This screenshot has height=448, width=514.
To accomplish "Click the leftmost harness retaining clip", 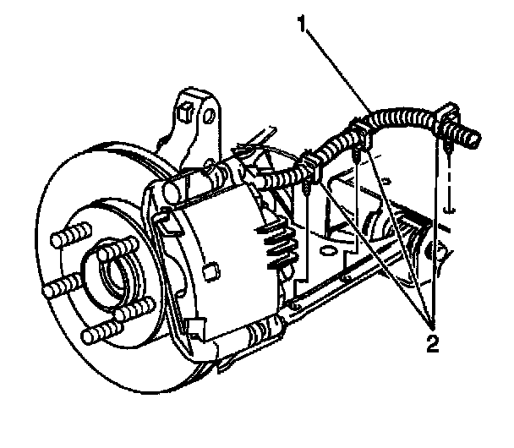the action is tap(309, 166).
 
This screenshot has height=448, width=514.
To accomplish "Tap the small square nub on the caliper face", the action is tap(212, 271).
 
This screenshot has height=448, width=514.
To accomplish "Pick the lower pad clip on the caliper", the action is tap(194, 333).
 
